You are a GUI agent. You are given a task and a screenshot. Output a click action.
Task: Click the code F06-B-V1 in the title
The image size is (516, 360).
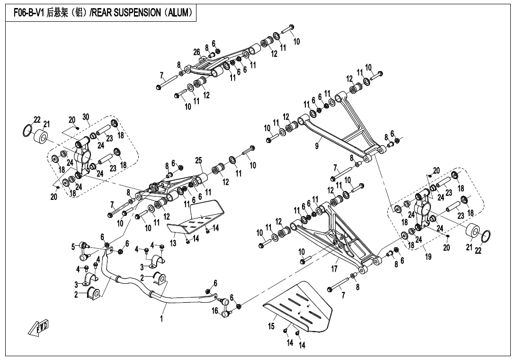(x=27, y=13)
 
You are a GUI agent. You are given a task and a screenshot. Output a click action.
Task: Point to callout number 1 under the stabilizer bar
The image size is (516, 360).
(x=161, y=319)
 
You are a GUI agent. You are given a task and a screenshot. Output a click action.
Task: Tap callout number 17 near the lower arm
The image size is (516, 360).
(x=334, y=269)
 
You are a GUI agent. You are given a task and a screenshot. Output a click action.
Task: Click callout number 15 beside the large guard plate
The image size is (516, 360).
(x=272, y=326)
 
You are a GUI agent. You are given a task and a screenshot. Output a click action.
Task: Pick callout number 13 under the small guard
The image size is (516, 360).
(x=173, y=243)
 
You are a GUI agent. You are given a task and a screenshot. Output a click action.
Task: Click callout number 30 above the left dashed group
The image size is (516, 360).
(x=86, y=117)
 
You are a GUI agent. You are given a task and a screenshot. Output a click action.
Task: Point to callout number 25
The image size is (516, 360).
(x=198, y=161)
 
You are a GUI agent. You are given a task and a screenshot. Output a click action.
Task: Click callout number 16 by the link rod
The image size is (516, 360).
(x=215, y=311)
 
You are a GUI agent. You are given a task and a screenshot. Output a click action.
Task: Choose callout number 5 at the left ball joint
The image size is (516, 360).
(x=73, y=246)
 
